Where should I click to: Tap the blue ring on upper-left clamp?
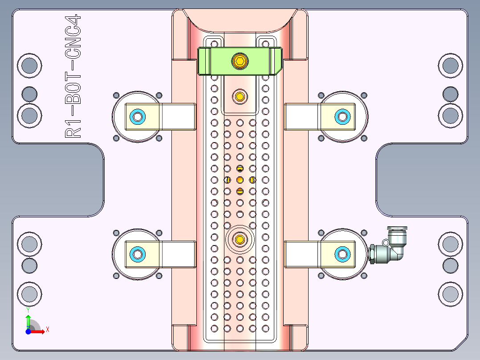(138, 117)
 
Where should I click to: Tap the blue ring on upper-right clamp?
(342, 117)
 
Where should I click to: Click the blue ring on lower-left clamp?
(138, 254)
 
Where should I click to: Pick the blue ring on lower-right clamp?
(342, 254)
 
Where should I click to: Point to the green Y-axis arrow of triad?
(28, 320)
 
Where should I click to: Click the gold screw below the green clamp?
(240, 96)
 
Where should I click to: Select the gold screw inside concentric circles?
(240, 239)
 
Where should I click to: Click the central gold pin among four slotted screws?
(240, 180)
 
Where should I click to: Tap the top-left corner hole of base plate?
(29, 65)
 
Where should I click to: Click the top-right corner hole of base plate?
(450, 65)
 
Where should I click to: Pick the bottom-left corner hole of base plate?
(29, 294)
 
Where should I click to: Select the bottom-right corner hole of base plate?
(450, 294)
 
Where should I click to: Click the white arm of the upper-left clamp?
(178, 117)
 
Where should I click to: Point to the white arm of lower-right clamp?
(302, 254)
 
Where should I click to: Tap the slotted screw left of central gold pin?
(227, 180)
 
